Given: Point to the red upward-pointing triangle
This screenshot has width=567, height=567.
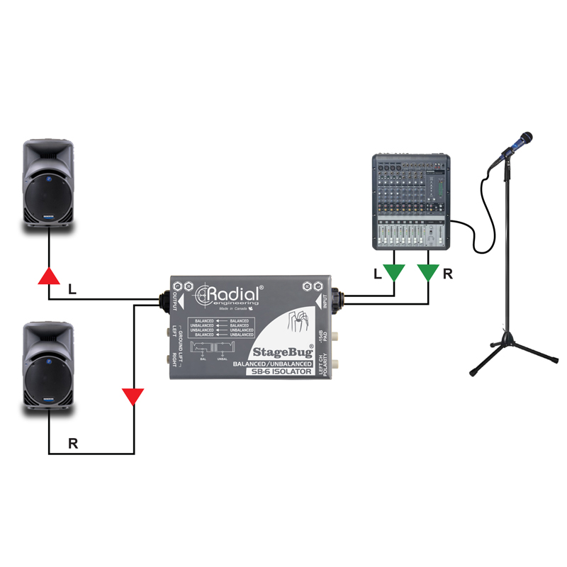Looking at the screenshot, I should pyautogui.click(x=48, y=276).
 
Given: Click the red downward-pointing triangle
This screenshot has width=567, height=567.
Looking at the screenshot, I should pyautogui.click(x=133, y=395).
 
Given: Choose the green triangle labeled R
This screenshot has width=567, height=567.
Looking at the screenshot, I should pyautogui.click(x=428, y=272).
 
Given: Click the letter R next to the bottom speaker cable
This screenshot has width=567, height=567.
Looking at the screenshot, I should pyautogui.click(x=72, y=443).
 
